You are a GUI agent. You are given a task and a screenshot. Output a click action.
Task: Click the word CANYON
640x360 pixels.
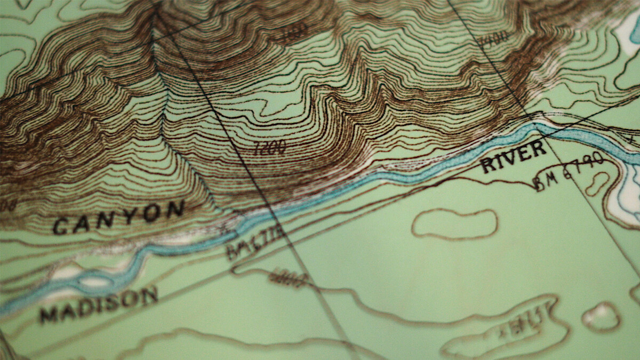[x=118, y=217]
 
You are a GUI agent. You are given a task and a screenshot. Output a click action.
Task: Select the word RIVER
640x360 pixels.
[x=513, y=157]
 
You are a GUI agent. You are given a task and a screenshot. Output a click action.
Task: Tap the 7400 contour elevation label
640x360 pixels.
[x=493, y=38]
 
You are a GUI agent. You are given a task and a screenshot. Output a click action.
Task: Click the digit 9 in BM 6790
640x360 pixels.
[x=585, y=163]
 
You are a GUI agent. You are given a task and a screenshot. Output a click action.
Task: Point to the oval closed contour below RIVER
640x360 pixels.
[x=454, y=223]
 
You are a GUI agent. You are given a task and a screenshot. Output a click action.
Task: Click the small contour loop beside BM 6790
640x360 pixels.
[x=597, y=183]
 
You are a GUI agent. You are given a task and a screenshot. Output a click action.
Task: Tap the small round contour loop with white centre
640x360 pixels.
[x=602, y=316]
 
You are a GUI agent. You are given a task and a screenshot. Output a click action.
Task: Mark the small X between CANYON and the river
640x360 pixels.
[x=222, y=229]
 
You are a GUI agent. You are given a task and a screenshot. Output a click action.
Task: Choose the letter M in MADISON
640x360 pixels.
[x=50, y=315]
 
